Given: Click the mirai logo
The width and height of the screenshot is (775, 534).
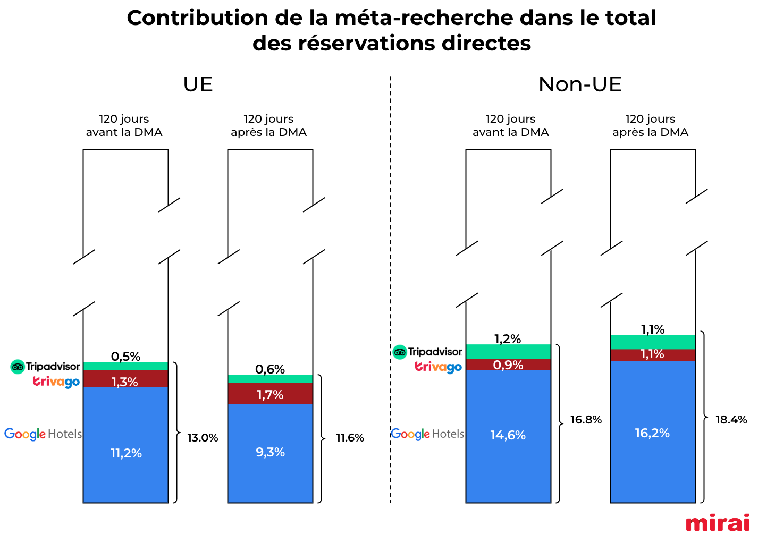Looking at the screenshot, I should click(x=717, y=523).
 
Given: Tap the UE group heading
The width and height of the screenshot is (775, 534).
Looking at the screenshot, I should click(x=198, y=84).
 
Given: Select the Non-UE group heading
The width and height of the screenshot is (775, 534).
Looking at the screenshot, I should click(x=580, y=84).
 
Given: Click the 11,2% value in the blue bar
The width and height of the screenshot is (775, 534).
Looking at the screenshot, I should click(x=126, y=453).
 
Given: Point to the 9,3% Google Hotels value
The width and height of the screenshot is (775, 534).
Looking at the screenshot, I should click(x=270, y=452).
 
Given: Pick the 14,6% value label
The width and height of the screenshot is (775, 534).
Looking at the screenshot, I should click(x=508, y=435).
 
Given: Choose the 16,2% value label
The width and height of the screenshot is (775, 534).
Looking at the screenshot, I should click(x=652, y=433).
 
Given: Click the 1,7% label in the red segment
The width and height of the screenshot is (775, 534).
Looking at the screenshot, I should click(x=270, y=395).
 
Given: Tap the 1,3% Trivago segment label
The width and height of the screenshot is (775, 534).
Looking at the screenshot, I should click(x=125, y=382).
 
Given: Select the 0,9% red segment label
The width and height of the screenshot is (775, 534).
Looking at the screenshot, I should click(x=508, y=365).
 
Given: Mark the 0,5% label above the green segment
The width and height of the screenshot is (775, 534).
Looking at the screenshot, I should click(x=125, y=357).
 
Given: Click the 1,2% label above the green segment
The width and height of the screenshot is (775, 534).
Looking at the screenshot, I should click(x=508, y=339).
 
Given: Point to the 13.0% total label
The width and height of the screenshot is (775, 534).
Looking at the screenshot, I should click(x=203, y=438).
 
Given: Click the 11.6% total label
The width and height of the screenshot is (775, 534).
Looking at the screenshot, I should click(x=350, y=438).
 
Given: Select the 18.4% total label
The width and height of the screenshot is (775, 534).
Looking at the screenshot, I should click(x=731, y=420).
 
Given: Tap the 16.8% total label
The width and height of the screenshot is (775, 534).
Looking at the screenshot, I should click(x=586, y=420).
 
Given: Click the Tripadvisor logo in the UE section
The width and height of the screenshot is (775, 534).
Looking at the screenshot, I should click(x=45, y=367).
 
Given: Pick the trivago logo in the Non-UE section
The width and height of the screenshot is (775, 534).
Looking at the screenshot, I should click(x=438, y=367).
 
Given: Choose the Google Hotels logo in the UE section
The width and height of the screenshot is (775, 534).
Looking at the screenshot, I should click(x=43, y=434).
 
